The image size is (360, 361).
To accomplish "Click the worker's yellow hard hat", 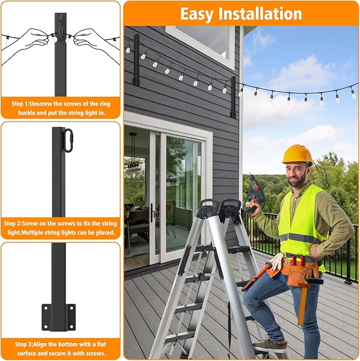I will [297, 154].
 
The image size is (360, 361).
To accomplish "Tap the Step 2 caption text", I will [60, 228].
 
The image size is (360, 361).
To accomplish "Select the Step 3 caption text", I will [60, 348].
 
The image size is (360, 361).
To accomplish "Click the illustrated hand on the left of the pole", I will [34, 38].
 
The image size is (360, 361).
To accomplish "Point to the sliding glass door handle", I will [152, 212].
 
